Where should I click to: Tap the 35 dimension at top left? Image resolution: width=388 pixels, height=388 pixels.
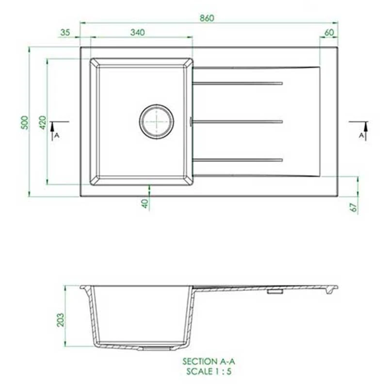[x=65, y=32]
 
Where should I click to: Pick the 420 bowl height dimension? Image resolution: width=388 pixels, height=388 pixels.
[x=43, y=122]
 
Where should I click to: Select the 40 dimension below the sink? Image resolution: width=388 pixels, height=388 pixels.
[x=145, y=203]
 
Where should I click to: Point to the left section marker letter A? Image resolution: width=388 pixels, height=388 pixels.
[x=56, y=136]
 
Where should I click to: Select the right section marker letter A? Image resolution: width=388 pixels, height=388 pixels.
[x=361, y=136]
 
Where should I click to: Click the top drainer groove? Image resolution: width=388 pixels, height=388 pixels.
[x=238, y=83]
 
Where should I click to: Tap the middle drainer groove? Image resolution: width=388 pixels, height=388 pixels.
[x=238, y=121]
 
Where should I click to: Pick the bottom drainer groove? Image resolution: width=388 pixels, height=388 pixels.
[x=238, y=160]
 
